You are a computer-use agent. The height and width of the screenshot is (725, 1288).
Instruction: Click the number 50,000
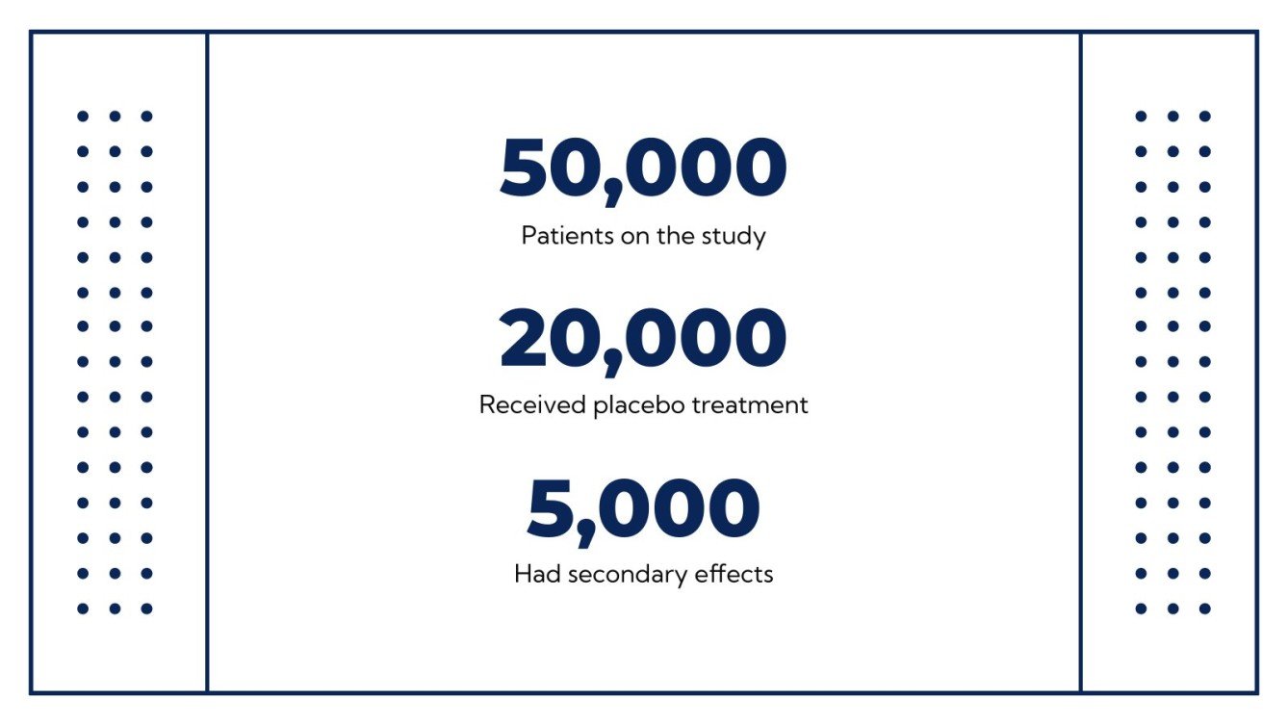tap(643, 168)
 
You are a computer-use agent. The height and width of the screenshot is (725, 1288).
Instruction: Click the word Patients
tap(560, 236)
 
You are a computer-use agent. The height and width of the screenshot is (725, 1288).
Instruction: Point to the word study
tap(737, 236)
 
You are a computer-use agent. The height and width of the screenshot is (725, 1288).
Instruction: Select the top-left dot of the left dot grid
tap(83, 117)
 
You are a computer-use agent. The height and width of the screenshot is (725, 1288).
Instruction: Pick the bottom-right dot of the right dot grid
tap(1204, 608)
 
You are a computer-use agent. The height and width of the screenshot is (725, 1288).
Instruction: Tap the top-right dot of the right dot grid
tap(1204, 117)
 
